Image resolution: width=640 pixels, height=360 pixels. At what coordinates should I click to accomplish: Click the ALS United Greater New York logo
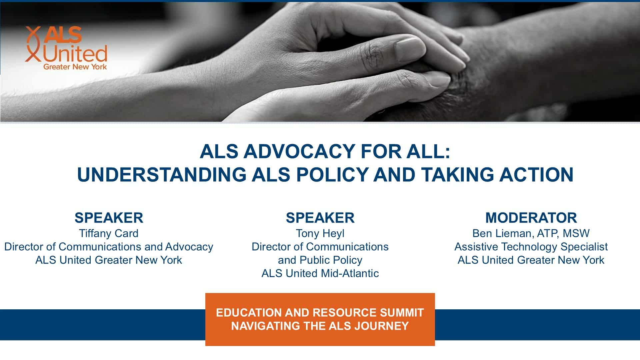tap(66, 48)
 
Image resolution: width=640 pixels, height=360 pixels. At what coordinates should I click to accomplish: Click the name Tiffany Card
tap(109, 233)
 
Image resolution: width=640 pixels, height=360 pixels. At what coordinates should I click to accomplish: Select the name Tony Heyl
tap(320, 233)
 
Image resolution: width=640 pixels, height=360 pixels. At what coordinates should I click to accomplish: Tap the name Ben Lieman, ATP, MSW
tap(531, 233)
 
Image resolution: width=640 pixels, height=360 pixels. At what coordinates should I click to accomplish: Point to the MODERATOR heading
tap(531, 218)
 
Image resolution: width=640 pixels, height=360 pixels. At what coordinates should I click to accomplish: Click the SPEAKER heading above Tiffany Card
tap(109, 218)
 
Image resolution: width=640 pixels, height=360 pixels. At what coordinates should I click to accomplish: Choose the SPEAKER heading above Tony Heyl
tap(320, 218)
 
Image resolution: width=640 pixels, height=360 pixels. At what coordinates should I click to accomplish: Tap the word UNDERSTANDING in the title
tap(162, 174)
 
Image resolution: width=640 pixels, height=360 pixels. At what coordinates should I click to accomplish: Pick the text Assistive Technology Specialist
tap(531, 247)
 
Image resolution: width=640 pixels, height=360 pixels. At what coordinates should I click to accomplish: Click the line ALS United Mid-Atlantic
tap(320, 273)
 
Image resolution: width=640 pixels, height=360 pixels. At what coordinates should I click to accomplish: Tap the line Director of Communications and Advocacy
tap(109, 247)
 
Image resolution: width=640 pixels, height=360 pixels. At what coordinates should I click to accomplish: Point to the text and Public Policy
tap(320, 260)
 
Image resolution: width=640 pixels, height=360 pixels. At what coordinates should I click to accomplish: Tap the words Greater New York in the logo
tap(75, 67)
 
